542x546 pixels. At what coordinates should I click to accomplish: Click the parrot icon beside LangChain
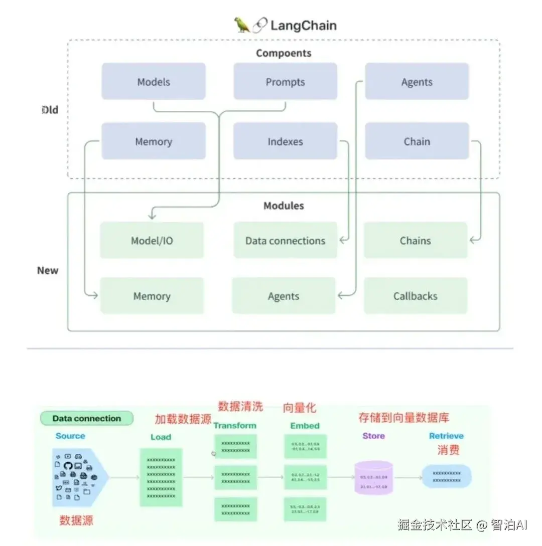(242, 25)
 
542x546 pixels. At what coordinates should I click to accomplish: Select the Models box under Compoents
(154, 81)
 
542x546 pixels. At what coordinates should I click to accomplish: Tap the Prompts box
(285, 81)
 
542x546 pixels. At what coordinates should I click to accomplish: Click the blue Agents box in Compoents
(417, 81)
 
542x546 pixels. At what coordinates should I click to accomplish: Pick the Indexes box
(285, 141)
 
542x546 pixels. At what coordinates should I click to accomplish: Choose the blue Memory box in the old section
(154, 141)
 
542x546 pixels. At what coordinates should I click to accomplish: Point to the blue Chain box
(417, 141)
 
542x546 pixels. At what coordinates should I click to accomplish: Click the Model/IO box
(152, 240)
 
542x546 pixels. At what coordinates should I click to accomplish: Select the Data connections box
(285, 240)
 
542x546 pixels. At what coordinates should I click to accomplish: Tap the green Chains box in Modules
(415, 240)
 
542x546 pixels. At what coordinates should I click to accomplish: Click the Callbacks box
(415, 296)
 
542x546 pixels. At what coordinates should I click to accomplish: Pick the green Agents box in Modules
(284, 296)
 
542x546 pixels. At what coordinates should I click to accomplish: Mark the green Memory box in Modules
(152, 296)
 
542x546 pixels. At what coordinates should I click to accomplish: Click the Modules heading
(284, 206)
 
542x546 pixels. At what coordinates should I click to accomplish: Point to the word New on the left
(48, 270)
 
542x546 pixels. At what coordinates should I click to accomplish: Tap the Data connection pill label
(87, 418)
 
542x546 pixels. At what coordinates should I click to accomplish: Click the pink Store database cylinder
(373, 477)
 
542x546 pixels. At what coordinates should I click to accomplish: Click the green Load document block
(161, 477)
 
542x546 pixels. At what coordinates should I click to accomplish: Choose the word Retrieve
(446, 436)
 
